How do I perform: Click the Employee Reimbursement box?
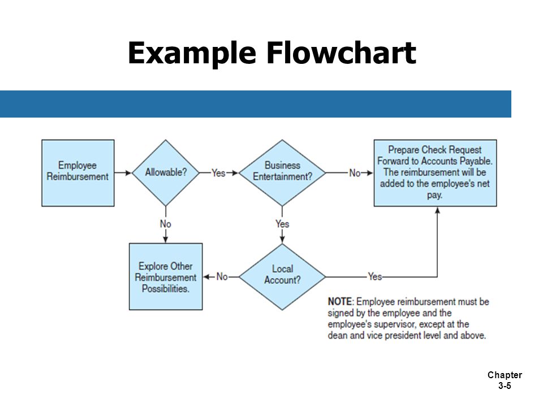click(x=78, y=173)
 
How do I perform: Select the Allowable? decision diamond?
click(x=166, y=173)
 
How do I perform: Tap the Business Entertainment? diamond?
click(x=282, y=173)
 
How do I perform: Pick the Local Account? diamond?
click(x=282, y=277)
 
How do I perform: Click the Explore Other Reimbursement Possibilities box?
click(x=166, y=276)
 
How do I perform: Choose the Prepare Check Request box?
click(x=435, y=173)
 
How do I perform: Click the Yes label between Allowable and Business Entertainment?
click(x=218, y=173)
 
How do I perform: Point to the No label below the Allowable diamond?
click(x=166, y=224)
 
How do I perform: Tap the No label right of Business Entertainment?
click(x=355, y=173)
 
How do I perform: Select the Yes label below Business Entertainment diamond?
click(x=282, y=224)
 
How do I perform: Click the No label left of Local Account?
click(x=222, y=276)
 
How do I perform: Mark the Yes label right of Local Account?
click(x=375, y=276)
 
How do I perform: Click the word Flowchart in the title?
click(x=341, y=53)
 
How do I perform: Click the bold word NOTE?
click(x=340, y=301)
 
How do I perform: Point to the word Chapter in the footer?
click(x=505, y=375)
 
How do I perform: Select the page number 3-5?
click(x=505, y=386)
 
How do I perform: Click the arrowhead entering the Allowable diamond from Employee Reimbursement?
click(x=128, y=173)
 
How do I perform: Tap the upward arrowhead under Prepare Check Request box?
click(x=437, y=210)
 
